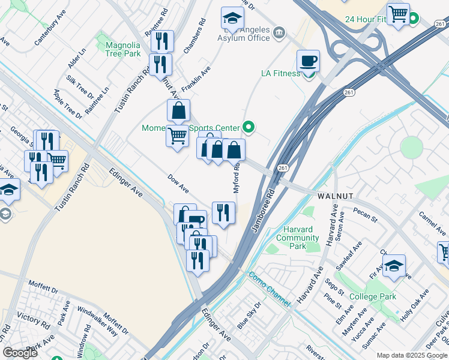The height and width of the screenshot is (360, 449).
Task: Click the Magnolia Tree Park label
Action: pyautogui.click(x=122, y=49)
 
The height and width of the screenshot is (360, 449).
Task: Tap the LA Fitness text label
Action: pyautogui.click(x=280, y=74)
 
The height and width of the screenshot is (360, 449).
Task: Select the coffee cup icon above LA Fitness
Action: pyautogui.click(x=309, y=61)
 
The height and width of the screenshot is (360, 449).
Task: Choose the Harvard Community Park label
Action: pyautogui.click(x=298, y=238)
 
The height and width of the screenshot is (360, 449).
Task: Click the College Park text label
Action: pyautogui.click(x=372, y=296)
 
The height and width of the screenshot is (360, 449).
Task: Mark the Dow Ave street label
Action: pyautogui.click(x=178, y=184)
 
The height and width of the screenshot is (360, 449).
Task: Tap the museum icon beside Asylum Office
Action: pyautogui.click(x=279, y=32)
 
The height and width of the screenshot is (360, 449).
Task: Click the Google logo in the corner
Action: pyautogui.click(x=20, y=353)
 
